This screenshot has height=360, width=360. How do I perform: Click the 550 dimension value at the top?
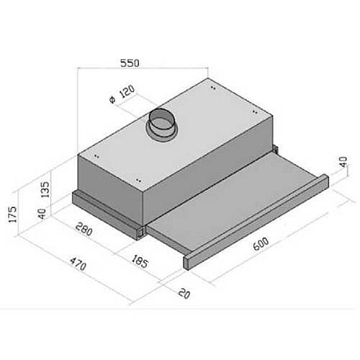pyautogui.click(x=130, y=63)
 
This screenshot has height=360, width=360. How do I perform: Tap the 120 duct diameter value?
pyautogui.click(x=127, y=91)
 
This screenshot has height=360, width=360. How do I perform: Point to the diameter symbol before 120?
pyautogui.click(x=112, y=100)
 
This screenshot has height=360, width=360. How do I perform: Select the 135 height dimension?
pyautogui.click(x=45, y=189)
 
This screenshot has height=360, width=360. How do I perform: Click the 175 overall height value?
pyautogui.click(x=12, y=214)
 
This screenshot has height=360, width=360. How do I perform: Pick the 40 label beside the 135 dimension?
pyautogui.click(x=42, y=214)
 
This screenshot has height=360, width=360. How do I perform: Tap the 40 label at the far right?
pyautogui.click(x=343, y=162)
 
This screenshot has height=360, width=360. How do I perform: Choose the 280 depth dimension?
pyautogui.click(x=84, y=229)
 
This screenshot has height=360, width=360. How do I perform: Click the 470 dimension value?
pyautogui.click(x=78, y=264)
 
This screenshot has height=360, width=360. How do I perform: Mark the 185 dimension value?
pyautogui.click(x=140, y=261)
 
